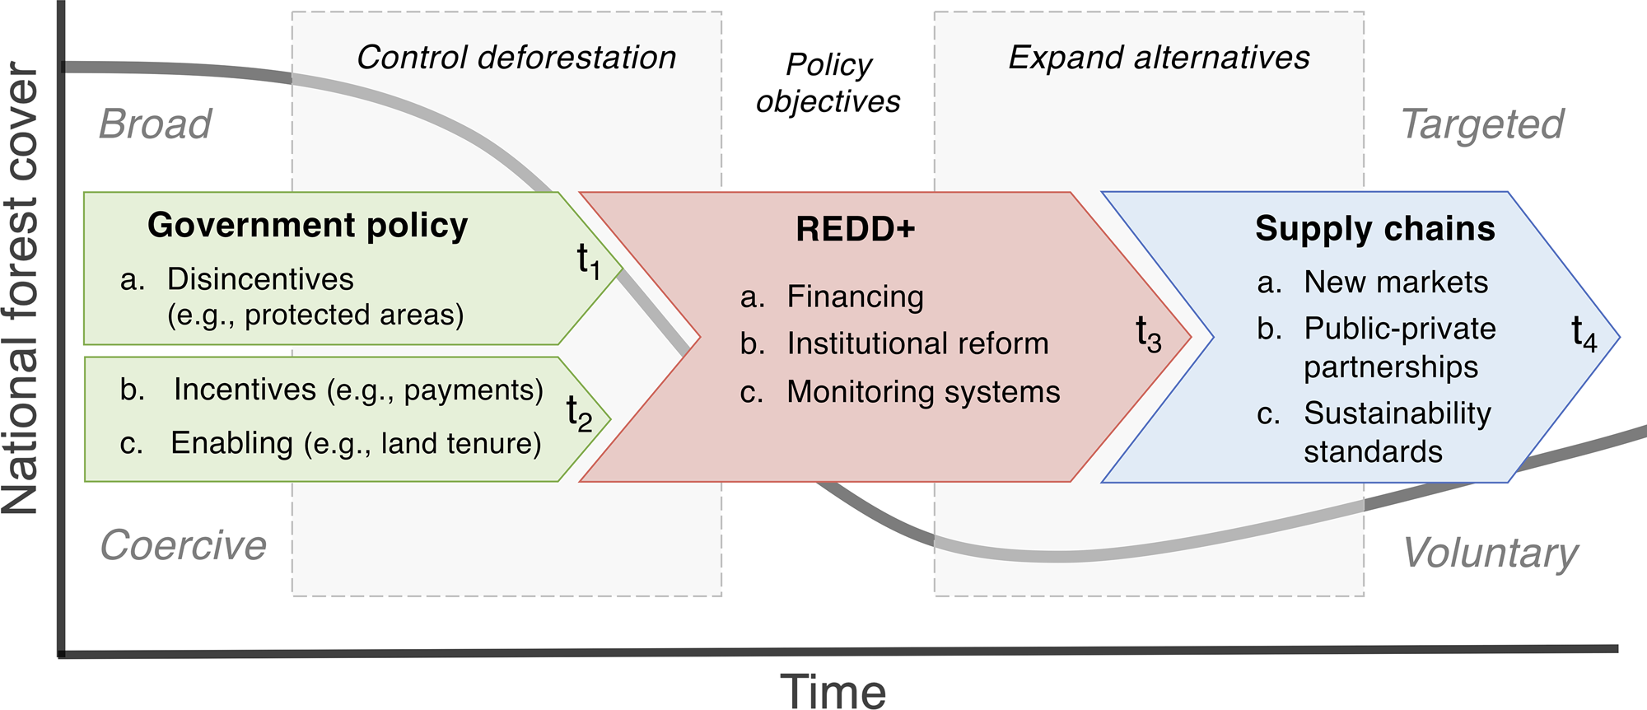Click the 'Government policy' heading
(x=307, y=226)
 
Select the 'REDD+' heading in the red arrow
(x=855, y=229)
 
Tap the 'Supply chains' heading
(x=1374, y=229)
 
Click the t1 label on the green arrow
(x=588, y=261)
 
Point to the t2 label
(x=579, y=413)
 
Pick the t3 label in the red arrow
(x=1148, y=334)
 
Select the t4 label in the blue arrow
(x=1584, y=334)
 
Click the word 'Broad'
(x=155, y=124)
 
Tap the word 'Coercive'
(x=183, y=545)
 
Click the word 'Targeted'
(x=1481, y=124)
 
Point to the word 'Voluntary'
(x=1491, y=553)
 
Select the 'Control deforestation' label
(x=516, y=58)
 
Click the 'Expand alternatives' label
(x=1159, y=58)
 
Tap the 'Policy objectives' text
(x=828, y=82)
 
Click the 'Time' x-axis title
(x=833, y=690)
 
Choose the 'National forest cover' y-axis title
(x=21, y=288)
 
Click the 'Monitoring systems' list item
(x=922, y=392)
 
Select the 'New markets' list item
(x=1395, y=283)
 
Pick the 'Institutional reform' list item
(x=917, y=343)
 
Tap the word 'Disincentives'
(x=260, y=279)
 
